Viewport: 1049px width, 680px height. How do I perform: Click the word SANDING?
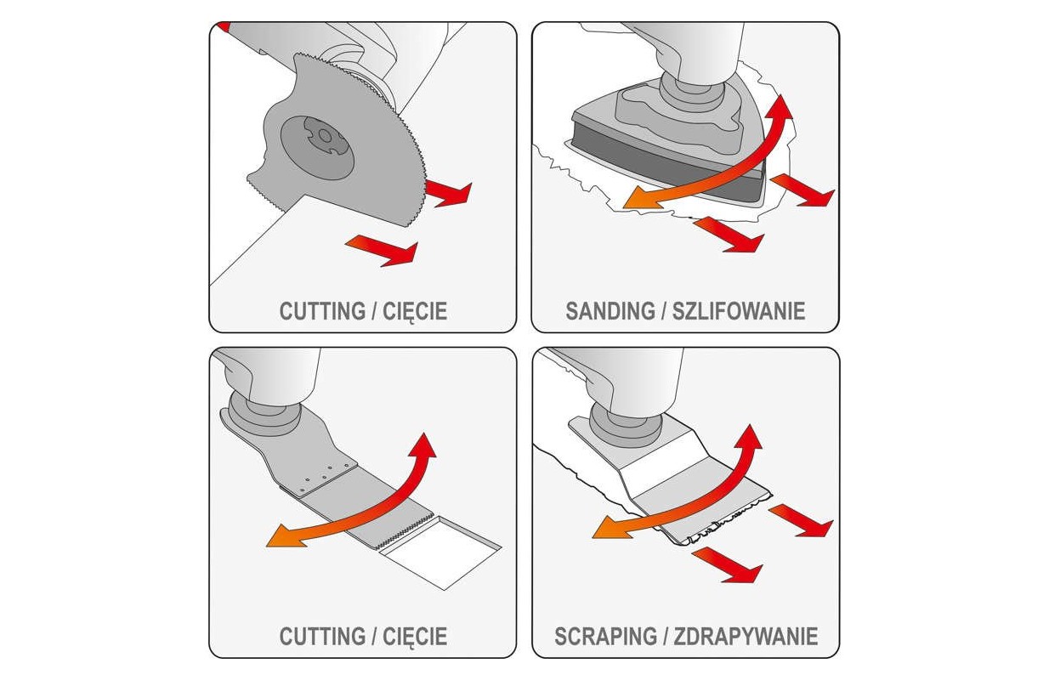pos(610,311)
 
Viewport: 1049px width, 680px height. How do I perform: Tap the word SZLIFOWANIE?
pos(739,311)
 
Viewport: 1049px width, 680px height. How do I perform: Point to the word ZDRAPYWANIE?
pos(746,637)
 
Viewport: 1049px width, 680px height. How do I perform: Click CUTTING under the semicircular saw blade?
pos(323,311)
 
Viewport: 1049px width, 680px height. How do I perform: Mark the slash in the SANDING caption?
pos(664,311)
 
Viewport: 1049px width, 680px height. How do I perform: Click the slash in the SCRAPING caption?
pos(666,637)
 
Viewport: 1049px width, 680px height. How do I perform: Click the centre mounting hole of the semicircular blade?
pos(324,136)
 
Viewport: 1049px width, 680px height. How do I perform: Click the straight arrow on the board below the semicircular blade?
pos(382,251)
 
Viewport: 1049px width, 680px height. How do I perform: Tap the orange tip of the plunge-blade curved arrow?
pos(281,538)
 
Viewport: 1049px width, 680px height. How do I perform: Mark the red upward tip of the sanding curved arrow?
pos(780,105)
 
